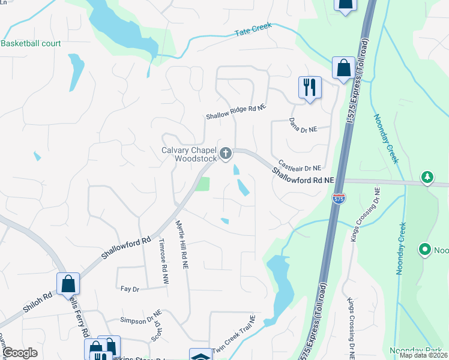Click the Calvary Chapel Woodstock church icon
226,154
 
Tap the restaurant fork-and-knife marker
310,88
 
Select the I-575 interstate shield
339,199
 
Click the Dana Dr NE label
311,124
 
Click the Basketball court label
29,44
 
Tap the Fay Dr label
130,289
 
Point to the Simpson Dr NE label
141,313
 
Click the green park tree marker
427,177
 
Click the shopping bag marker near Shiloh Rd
68,283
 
